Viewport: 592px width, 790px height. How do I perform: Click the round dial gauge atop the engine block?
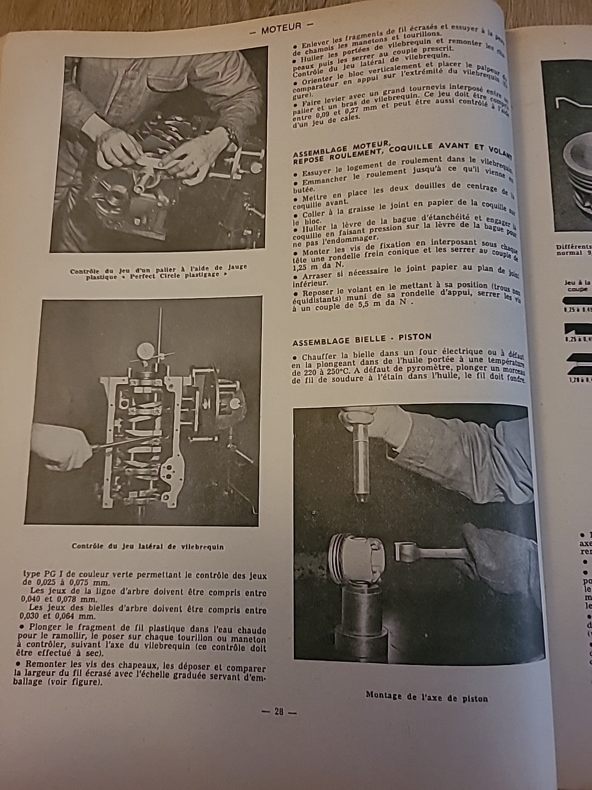point(145,350)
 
